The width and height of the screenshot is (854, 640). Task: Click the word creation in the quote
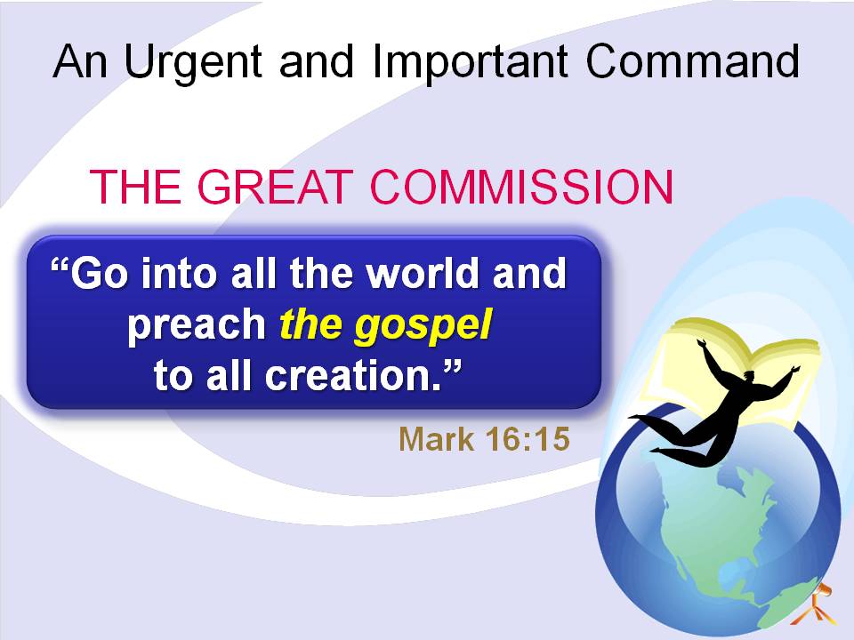point(353,375)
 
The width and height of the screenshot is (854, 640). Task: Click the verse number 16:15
point(528,438)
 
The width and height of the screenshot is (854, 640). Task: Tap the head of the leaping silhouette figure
point(749,376)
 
